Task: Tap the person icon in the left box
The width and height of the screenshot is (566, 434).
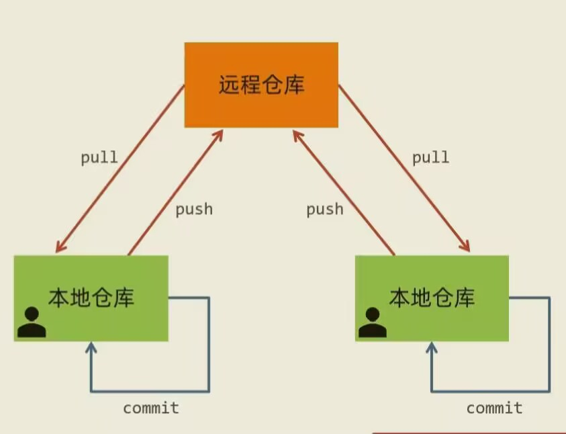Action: pyautogui.click(x=31, y=322)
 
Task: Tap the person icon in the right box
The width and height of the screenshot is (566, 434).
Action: pyautogui.click(x=373, y=322)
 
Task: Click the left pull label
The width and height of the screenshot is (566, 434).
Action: pyautogui.click(x=99, y=159)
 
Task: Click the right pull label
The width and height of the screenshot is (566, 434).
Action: pyautogui.click(x=430, y=159)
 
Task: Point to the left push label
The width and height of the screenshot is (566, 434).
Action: pyautogui.click(x=194, y=210)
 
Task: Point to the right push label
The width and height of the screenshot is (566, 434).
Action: pyautogui.click(x=325, y=210)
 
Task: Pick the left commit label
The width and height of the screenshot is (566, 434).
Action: pyautogui.click(x=151, y=408)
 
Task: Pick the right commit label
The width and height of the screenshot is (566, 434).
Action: pyautogui.click(x=495, y=408)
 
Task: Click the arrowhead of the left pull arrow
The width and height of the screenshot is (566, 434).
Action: pyautogui.click(x=59, y=247)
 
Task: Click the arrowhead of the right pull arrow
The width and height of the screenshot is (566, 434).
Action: pyautogui.click(x=465, y=247)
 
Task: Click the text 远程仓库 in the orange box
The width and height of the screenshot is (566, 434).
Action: pyautogui.click(x=261, y=85)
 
